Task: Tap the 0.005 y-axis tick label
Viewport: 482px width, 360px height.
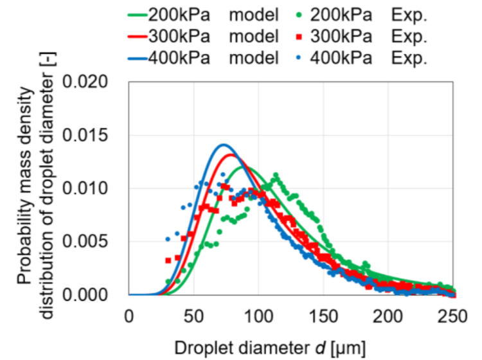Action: [x=100, y=242]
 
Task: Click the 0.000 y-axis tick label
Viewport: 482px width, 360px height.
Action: [x=100, y=295]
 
